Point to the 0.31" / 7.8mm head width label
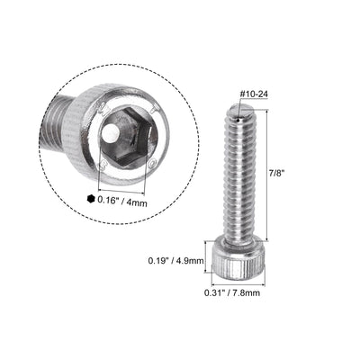point(241,292)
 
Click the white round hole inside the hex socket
point(110,132)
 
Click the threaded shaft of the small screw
point(240,180)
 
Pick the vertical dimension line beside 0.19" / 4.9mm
point(212,260)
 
